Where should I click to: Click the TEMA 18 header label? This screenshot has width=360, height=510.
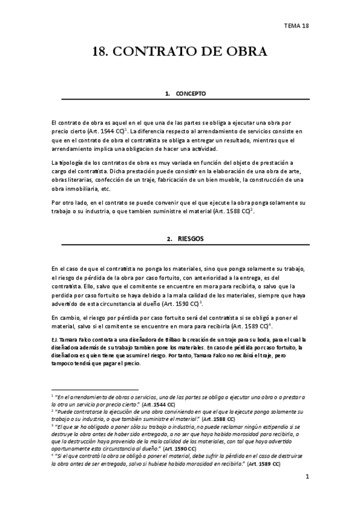(296, 25)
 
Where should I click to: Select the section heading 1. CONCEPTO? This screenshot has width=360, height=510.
(186, 94)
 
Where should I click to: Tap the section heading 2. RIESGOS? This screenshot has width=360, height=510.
(185, 239)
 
